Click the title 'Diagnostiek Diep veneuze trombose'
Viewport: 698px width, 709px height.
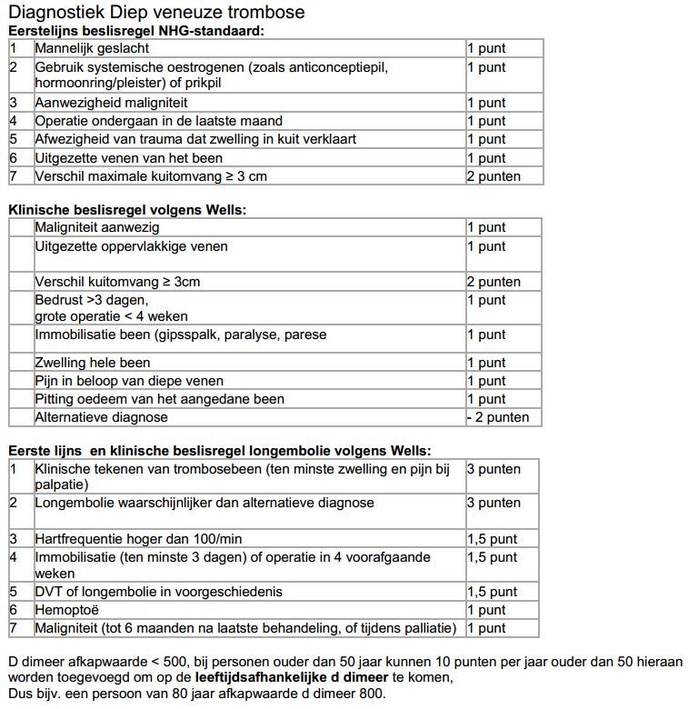click(156, 13)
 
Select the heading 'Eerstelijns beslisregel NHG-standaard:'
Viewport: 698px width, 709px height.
click(136, 30)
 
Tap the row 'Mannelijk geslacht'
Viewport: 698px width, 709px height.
click(92, 48)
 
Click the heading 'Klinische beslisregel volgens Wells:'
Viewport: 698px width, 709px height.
click(127, 210)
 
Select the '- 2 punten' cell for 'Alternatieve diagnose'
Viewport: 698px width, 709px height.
click(497, 418)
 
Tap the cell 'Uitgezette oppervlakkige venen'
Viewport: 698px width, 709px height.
click(131, 246)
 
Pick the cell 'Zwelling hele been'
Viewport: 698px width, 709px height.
click(93, 363)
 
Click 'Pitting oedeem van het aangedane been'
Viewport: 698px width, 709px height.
click(159, 399)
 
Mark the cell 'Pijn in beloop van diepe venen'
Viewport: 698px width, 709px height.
click(129, 381)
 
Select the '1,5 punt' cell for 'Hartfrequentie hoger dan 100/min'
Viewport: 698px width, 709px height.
click(492, 539)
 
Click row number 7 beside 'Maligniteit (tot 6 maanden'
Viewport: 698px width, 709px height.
click(14, 628)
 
